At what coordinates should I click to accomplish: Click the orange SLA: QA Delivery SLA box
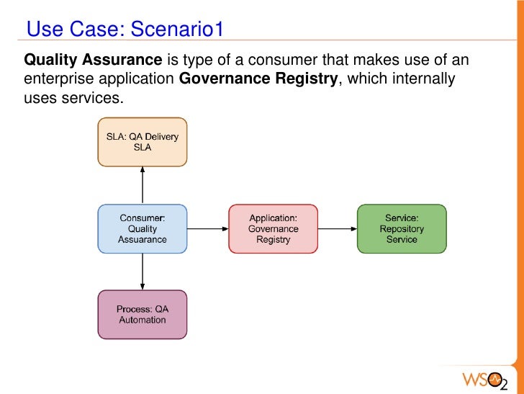(x=143, y=142)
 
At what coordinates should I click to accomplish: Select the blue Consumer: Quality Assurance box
(x=143, y=228)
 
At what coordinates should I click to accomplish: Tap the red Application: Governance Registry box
(x=273, y=228)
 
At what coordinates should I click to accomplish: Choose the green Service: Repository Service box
(x=402, y=228)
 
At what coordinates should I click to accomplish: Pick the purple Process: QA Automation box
(x=143, y=314)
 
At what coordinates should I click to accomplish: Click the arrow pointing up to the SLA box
(x=143, y=184)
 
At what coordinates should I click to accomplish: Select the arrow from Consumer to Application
(x=207, y=229)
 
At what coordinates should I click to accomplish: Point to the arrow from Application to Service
(x=337, y=229)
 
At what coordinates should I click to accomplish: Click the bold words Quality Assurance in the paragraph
(x=93, y=59)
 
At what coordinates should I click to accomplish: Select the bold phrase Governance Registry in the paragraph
(x=258, y=79)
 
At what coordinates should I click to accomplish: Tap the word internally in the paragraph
(x=420, y=79)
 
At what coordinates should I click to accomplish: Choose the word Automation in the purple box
(x=143, y=320)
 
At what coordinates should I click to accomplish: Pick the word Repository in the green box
(x=402, y=229)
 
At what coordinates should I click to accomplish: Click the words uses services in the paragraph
(x=73, y=98)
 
